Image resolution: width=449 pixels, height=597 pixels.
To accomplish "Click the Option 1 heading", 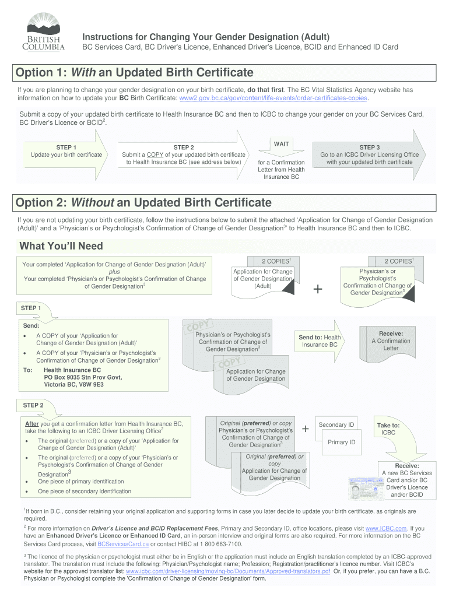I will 135,73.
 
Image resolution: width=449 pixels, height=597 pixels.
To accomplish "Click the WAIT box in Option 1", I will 281,143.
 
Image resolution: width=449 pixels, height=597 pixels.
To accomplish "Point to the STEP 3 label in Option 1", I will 369,148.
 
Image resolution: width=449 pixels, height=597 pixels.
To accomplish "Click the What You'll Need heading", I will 61,245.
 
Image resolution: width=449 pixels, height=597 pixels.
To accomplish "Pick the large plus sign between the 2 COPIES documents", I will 318,289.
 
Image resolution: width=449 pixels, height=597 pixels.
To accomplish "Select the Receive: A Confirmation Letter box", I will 391,340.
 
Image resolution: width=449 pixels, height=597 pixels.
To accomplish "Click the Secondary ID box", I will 336,424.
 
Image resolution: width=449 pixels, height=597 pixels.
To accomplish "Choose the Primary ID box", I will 341,442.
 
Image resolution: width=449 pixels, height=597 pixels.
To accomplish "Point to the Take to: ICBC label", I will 388,429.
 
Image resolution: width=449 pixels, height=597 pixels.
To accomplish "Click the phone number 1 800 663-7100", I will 222,544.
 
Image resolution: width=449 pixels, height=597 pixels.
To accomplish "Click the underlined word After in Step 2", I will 32,423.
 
